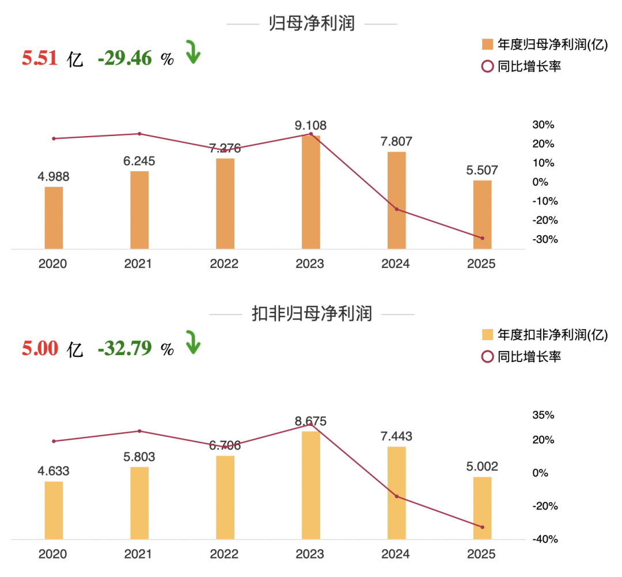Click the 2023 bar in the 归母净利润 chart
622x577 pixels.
click(x=310, y=192)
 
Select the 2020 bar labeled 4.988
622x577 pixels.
click(x=54, y=218)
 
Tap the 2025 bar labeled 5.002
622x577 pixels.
click(x=483, y=508)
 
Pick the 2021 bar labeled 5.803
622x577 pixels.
click(x=139, y=503)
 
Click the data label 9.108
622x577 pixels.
click(x=310, y=126)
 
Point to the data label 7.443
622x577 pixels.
click(x=396, y=436)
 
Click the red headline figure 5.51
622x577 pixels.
click(x=40, y=58)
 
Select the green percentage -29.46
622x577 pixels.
click(x=124, y=58)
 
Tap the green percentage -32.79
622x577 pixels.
click(x=124, y=348)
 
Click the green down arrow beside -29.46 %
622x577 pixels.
click(x=193, y=52)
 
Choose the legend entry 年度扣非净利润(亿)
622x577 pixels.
click(x=545, y=335)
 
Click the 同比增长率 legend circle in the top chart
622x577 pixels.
click(x=488, y=66)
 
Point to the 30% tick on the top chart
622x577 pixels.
click(x=543, y=125)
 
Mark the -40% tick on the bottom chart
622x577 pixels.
click(x=545, y=540)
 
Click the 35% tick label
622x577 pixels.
click(x=543, y=415)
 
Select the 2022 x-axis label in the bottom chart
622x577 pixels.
click(x=224, y=554)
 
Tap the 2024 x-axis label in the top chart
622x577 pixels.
click(x=396, y=263)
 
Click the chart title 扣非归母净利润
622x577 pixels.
click(x=312, y=314)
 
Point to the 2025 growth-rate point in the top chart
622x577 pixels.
click(x=483, y=238)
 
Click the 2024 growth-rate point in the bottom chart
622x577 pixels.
click(x=397, y=496)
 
